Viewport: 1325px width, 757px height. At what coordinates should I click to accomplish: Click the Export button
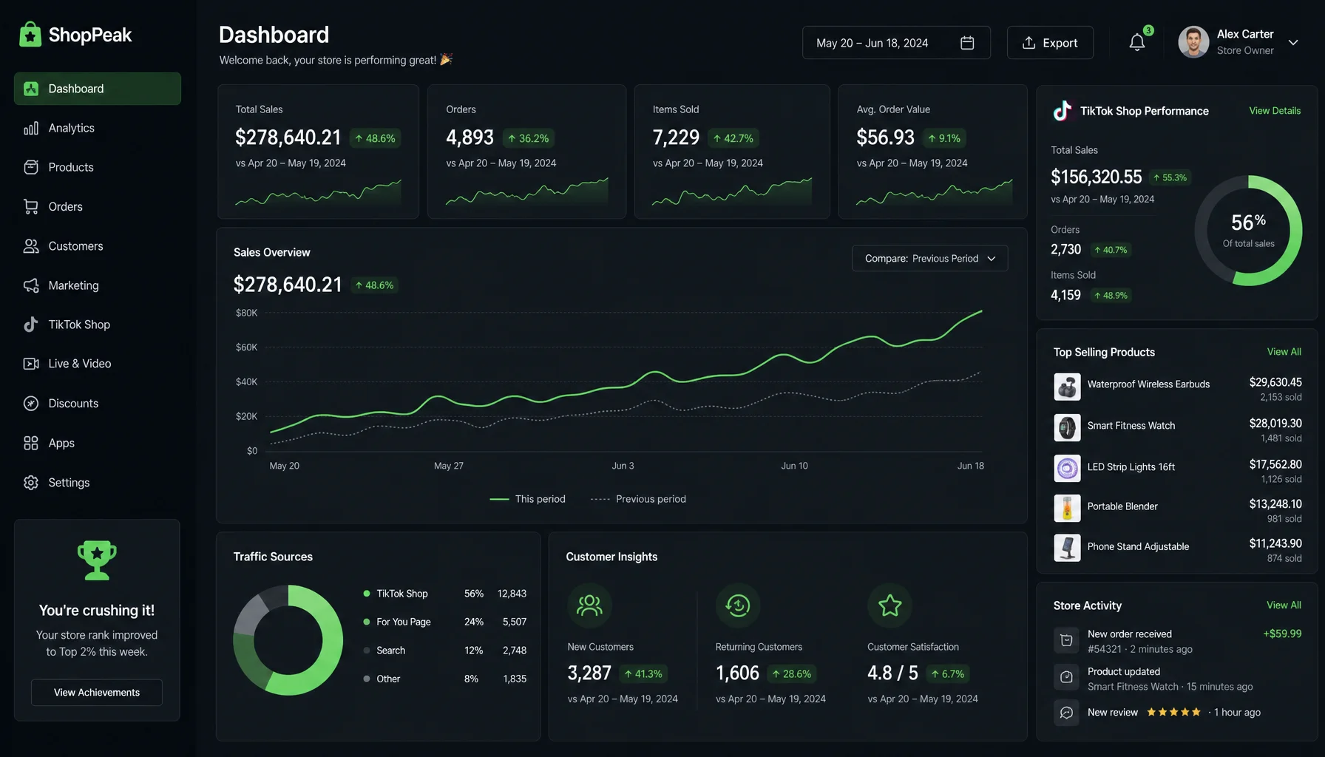1050,43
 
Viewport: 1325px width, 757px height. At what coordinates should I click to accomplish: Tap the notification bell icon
1137,43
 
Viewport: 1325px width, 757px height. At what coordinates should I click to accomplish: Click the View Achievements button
97,693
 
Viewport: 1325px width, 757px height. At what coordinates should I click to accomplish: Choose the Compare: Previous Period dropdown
930,258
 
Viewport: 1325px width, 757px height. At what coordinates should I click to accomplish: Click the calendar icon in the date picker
967,43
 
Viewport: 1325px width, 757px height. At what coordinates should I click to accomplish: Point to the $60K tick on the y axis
247,347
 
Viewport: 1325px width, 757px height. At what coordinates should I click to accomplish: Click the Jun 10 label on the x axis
795,466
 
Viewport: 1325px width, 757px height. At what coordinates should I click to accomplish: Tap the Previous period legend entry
639,499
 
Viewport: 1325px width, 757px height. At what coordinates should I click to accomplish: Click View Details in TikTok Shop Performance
1275,111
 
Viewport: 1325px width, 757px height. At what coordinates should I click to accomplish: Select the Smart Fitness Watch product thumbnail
1067,427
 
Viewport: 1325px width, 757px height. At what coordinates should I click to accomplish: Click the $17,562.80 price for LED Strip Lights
1275,464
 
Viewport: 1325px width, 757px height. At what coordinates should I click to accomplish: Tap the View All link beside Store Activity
1284,605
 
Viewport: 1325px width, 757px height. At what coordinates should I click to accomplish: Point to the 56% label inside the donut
1248,222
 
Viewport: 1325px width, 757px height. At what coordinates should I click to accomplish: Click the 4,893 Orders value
470,138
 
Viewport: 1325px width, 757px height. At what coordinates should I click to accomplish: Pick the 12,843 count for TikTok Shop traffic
512,594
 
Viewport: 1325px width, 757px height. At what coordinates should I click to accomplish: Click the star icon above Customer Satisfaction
889,605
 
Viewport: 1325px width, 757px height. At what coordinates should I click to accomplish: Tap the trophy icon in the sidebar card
97,560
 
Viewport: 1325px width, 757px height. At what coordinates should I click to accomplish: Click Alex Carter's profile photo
1193,42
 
